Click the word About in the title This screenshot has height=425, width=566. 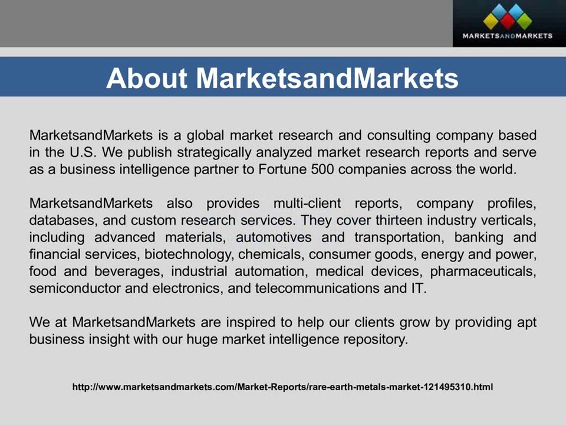pyautogui.click(x=147, y=79)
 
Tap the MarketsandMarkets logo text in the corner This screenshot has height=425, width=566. pyautogui.click(x=507, y=35)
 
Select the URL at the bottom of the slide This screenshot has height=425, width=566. pyautogui.click(x=282, y=387)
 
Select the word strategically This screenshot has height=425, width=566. pyautogui.click(x=214, y=152)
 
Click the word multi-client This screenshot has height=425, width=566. pyautogui.click(x=307, y=204)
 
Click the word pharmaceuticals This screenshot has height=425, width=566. pyautogui.click(x=483, y=272)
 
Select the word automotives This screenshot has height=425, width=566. pyautogui.click(x=274, y=238)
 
